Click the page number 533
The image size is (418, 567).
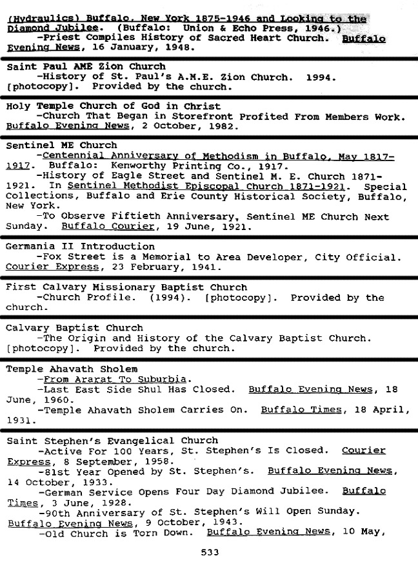(x=210, y=552)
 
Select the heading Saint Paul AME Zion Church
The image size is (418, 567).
(x=86, y=66)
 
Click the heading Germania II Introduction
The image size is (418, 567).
(x=80, y=246)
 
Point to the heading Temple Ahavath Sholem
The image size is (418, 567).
(x=72, y=369)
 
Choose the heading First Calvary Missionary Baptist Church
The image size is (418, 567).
(x=126, y=287)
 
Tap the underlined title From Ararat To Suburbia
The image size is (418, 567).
(x=115, y=379)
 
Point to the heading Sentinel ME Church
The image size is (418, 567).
(x=61, y=145)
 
